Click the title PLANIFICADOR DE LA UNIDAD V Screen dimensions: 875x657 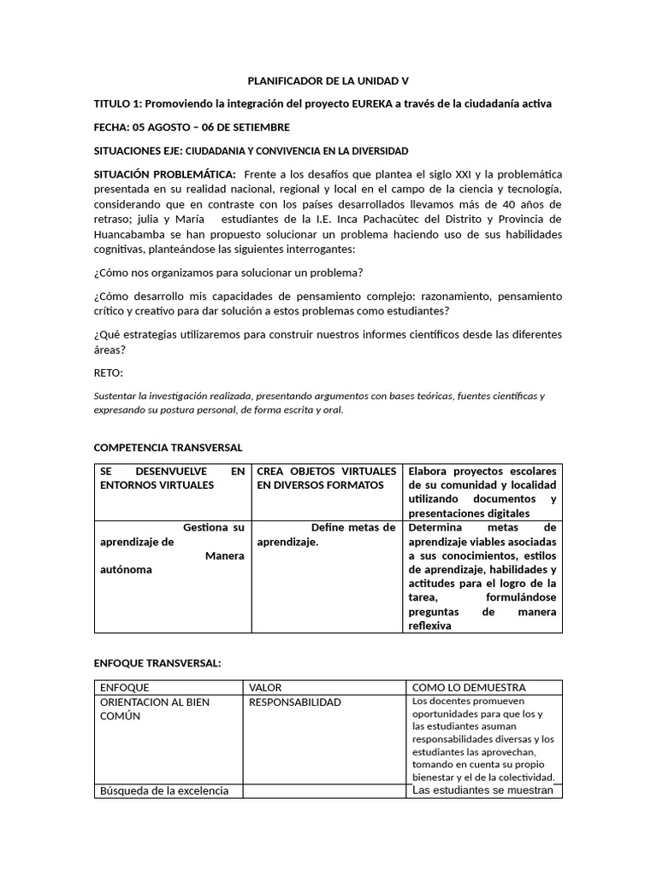[x=328, y=81]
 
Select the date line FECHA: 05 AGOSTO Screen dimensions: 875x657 [x=192, y=127]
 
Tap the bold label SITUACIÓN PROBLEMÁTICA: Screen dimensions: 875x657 [x=164, y=174]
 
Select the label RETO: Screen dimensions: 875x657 [x=109, y=373]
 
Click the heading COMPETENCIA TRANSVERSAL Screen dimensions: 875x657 [x=168, y=447]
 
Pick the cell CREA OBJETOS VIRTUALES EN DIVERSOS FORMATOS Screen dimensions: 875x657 [x=327, y=478]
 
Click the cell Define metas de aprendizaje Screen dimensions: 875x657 [x=327, y=535]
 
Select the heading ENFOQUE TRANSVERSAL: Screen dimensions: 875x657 [x=157, y=663]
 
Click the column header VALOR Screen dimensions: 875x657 [x=265, y=687]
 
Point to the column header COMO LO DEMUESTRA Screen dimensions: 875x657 [x=469, y=687]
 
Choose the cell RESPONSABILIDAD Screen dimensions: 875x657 [x=295, y=702]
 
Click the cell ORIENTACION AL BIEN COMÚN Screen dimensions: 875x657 [x=155, y=709]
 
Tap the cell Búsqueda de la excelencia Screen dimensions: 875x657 [x=164, y=790]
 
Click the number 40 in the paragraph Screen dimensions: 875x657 [x=510, y=204]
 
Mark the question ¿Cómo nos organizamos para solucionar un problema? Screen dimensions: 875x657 [x=228, y=273]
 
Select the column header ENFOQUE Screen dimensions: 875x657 [x=125, y=687]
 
